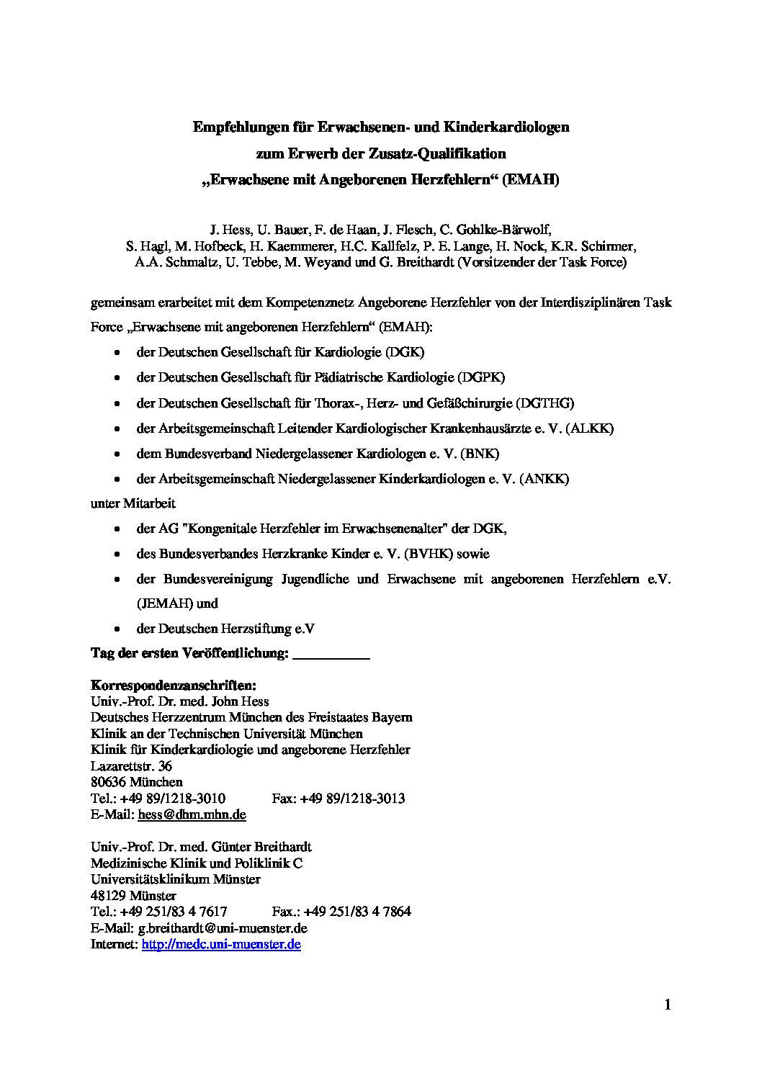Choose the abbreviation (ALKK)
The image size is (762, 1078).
pyautogui.click(x=590, y=428)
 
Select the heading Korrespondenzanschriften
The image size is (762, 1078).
pyautogui.click(x=174, y=685)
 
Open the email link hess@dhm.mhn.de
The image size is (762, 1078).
pyautogui.click(x=192, y=814)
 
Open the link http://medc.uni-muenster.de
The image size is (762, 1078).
pyautogui.click(x=221, y=944)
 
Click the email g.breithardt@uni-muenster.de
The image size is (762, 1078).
pyautogui.click(x=223, y=928)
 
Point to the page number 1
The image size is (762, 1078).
pyautogui.click(x=668, y=1005)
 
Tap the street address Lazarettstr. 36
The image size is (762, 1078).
pyautogui.click(x=131, y=765)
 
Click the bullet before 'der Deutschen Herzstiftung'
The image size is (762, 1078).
pyautogui.click(x=117, y=629)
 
